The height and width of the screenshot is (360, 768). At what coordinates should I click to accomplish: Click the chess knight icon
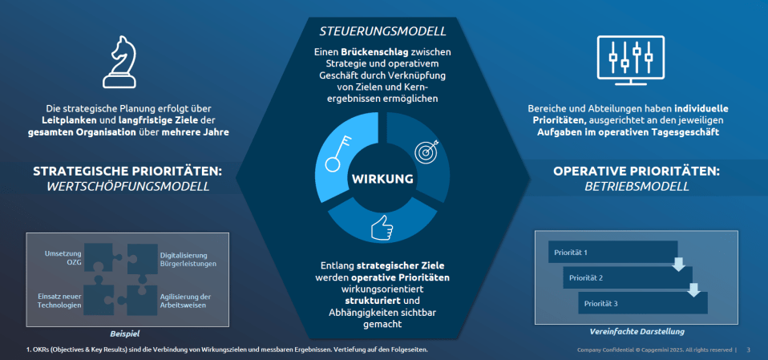[119, 63]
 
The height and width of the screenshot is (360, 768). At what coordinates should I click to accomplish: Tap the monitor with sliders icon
[631, 59]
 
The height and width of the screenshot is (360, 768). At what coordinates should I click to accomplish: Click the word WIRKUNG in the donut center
[382, 180]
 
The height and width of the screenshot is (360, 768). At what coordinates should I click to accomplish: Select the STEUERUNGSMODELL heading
[383, 31]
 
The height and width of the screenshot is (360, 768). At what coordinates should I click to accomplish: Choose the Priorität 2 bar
[628, 277]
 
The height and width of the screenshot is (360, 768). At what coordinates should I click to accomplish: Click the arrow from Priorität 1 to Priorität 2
[678, 264]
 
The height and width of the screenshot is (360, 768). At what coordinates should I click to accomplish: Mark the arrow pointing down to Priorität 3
[693, 289]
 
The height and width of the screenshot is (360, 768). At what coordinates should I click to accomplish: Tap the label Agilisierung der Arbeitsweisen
[185, 301]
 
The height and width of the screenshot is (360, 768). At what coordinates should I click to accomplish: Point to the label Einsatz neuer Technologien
[59, 301]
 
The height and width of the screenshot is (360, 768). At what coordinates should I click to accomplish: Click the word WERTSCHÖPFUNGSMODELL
[129, 187]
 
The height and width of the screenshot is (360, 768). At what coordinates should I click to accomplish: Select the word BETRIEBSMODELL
[637, 187]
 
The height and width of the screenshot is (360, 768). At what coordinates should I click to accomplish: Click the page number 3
[748, 350]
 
